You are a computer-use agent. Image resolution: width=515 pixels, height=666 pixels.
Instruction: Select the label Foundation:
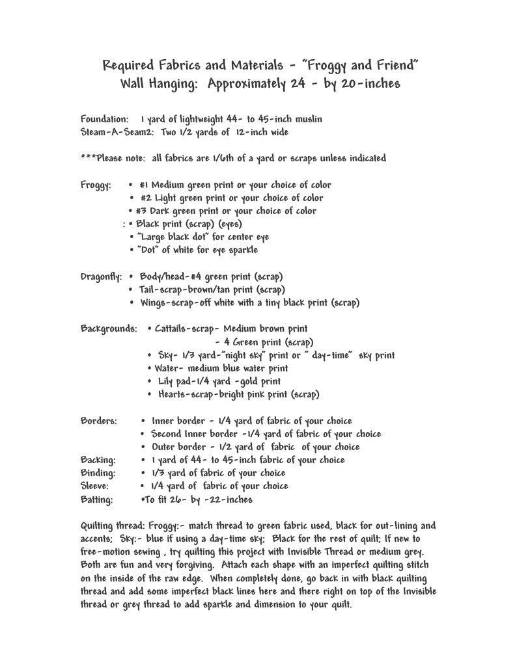coord(105,120)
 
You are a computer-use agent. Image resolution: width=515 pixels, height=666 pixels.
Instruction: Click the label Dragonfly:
coord(101,276)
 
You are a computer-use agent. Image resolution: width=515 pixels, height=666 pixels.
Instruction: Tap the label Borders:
coord(98,421)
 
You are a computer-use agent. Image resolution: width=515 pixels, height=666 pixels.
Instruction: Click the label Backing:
coord(98,460)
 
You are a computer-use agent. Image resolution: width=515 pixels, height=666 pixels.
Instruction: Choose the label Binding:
coord(98,473)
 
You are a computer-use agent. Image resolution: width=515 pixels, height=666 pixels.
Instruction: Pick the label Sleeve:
coord(94,486)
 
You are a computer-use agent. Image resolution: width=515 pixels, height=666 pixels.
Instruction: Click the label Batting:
coord(97,499)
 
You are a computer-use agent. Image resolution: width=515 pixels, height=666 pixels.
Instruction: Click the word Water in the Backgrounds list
coord(167,368)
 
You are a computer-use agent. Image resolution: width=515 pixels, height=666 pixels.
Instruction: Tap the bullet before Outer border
coord(143,447)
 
